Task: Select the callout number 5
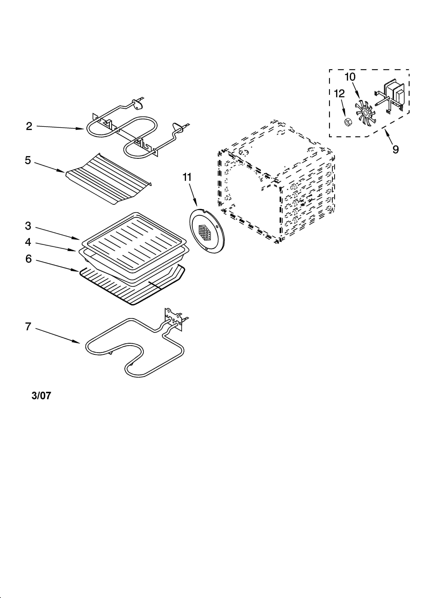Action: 28,160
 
